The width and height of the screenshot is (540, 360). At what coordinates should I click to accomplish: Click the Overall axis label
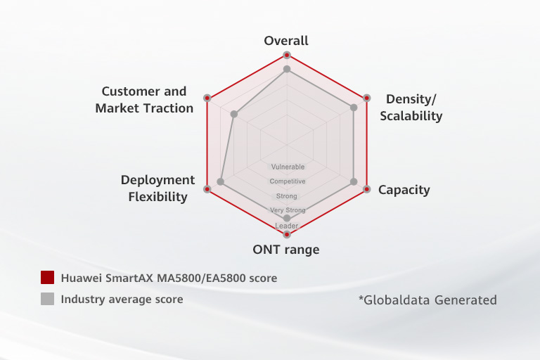[286, 41]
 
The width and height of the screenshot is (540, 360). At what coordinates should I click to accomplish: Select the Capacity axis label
[404, 190]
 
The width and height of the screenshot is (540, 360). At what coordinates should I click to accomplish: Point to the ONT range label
[286, 250]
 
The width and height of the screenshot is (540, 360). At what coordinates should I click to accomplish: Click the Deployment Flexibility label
[157, 188]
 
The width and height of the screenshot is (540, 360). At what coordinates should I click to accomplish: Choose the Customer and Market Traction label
[144, 100]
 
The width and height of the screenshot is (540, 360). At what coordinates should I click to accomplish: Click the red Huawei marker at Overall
[286, 55]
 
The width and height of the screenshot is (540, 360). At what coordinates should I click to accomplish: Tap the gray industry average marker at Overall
[286, 69]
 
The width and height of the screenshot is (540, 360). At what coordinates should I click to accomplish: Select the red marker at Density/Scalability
[366, 98]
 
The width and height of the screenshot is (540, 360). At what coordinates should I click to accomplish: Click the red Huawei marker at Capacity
[366, 189]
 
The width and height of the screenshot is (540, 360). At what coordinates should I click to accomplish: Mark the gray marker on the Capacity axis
[354, 182]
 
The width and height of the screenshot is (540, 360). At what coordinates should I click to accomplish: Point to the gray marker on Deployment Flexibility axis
[221, 182]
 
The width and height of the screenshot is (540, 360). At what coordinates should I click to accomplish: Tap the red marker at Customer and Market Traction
[207, 98]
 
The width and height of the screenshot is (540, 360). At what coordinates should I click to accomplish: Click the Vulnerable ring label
[288, 167]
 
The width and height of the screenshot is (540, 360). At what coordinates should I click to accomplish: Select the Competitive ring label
[288, 181]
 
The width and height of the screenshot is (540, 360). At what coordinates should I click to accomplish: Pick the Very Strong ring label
[288, 210]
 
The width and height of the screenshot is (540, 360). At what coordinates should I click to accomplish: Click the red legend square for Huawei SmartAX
[48, 278]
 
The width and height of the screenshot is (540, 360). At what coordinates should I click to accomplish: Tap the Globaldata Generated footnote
[427, 300]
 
